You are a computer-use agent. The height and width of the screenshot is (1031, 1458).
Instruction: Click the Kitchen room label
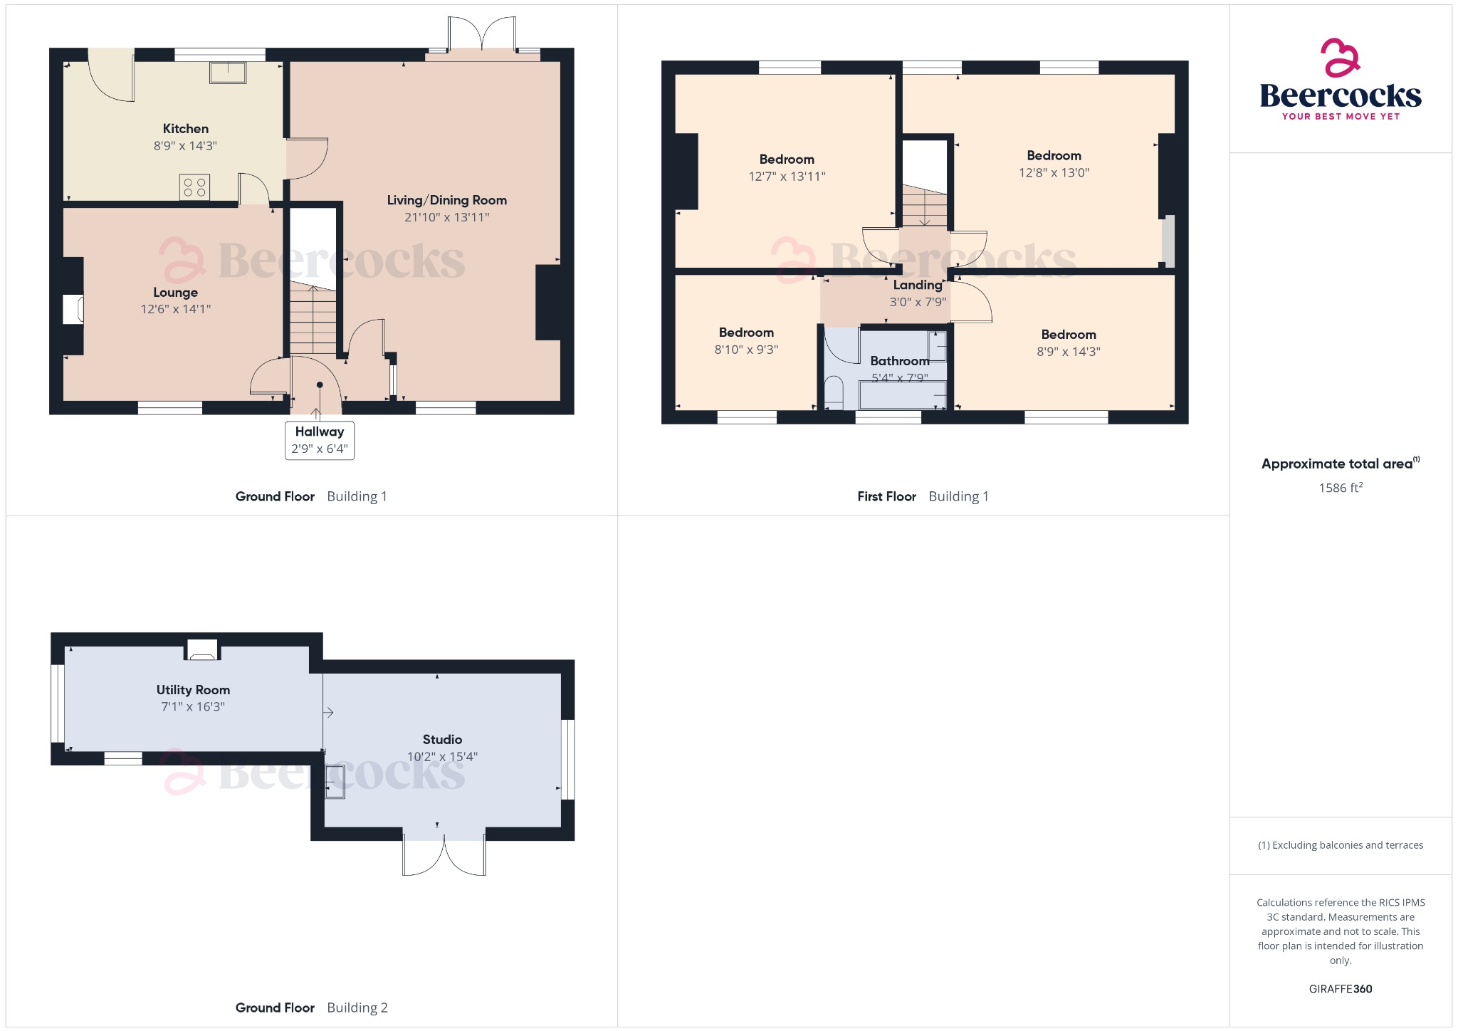point(185,129)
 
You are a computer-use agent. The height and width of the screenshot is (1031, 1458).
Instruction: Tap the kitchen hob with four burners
point(194,187)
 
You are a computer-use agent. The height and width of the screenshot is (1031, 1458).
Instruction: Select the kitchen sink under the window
point(228,73)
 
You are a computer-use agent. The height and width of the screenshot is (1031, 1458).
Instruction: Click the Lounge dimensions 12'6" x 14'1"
point(176,309)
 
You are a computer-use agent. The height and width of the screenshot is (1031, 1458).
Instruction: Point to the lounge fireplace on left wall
point(73,310)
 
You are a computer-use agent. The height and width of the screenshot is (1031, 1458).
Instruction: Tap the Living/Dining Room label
point(446,200)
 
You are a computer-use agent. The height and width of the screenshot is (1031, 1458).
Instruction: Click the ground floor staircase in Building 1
point(313,320)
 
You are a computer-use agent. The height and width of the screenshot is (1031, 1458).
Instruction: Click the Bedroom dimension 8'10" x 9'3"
point(746,350)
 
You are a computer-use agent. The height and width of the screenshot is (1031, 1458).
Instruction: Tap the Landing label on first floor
point(918,285)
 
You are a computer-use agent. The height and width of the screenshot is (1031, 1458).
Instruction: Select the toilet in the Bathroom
point(834,393)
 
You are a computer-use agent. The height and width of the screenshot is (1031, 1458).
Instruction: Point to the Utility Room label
point(193,690)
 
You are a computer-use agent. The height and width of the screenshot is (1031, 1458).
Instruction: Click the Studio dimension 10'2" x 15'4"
point(442,757)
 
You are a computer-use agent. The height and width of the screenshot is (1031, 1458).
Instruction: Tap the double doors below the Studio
point(444,854)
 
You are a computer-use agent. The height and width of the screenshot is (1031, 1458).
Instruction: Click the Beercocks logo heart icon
point(1340,58)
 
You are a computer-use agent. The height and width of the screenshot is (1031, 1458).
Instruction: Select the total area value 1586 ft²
point(1340,488)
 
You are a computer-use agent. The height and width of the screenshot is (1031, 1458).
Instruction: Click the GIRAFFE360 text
point(1340,989)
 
